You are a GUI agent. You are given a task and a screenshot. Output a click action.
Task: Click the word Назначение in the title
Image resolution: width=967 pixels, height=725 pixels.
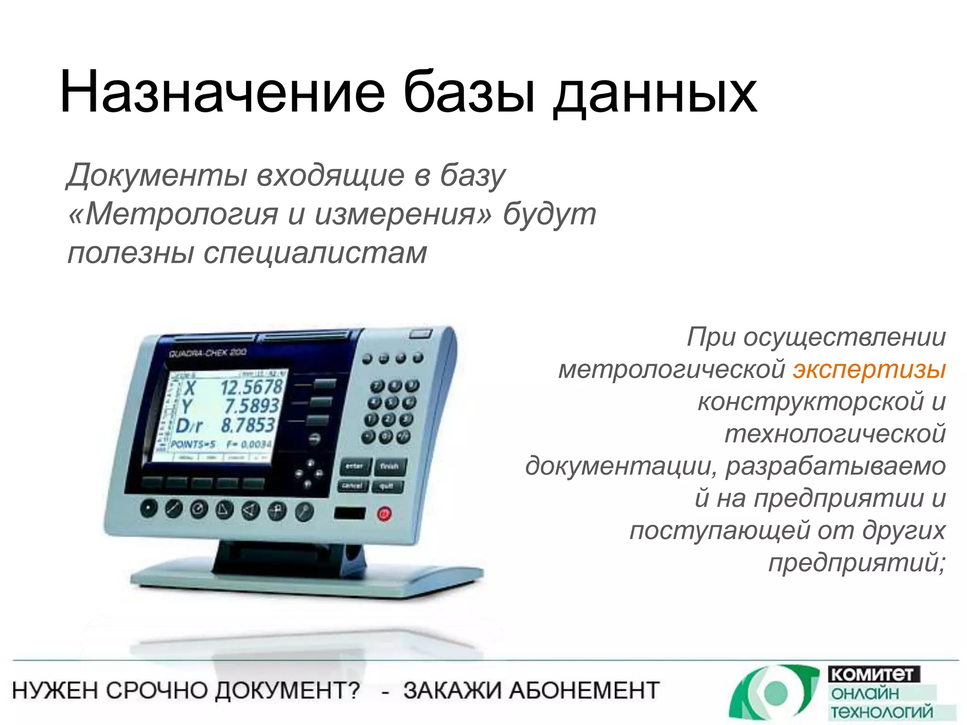pyautogui.click(x=222, y=92)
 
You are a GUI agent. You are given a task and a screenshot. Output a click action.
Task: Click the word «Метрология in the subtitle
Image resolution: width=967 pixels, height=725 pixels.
pyautogui.click(x=173, y=214)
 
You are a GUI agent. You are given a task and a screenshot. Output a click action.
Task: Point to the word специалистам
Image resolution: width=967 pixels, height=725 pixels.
pyautogui.click(x=315, y=253)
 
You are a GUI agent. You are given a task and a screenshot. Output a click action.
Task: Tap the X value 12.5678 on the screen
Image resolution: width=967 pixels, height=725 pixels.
pyautogui.click(x=251, y=388)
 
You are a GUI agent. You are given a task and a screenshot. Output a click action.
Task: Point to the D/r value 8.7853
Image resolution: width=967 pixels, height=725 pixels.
pyautogui.click(x=247, y=425)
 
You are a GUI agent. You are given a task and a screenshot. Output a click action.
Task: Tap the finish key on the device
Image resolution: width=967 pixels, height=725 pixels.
pyautogui.click(x=390, y=466)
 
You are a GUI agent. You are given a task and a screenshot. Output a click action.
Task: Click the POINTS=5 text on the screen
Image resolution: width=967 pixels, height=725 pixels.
pyautogui.click(x=193, y=445)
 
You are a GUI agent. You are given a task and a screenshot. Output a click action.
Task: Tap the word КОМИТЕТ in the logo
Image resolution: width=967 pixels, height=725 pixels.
pyautogui.click(x=873, y=674)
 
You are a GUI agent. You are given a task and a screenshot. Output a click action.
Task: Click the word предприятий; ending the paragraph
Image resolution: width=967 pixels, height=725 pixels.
pyautogui.click(x=857, y=563)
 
